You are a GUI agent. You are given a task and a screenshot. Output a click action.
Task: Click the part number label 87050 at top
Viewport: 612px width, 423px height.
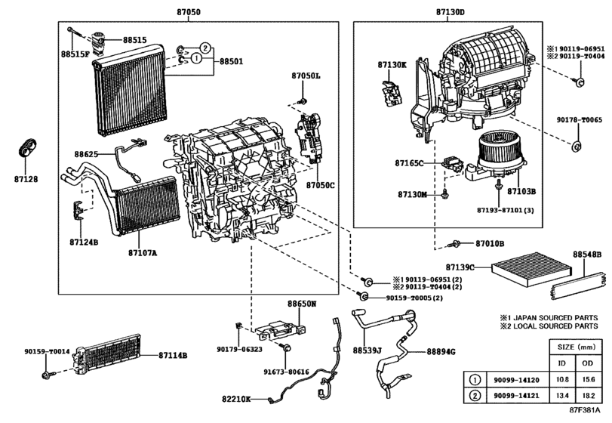[x=188, y=12]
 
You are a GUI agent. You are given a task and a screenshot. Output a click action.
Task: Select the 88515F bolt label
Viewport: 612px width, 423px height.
[x=75, y=54]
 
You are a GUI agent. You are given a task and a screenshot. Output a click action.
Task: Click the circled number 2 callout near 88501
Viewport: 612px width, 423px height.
[x=205, y=48]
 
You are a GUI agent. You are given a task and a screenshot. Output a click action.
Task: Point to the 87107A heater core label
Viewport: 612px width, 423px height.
[x=143, y=253]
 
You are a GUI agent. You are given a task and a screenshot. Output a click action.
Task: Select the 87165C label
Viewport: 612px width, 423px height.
[x=409, y=163]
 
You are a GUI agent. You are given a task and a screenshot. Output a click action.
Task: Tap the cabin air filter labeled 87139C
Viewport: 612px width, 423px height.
[x=531, y=270]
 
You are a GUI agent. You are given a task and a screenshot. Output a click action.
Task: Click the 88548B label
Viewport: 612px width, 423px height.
[x=587, y=255]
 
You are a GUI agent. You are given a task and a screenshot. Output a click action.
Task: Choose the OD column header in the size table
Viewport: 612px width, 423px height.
[x=587, y=363]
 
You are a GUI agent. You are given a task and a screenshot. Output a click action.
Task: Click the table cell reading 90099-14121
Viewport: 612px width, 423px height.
[x=516, y=395]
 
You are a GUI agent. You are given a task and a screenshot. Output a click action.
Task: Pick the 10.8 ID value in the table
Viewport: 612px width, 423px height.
[x=562, y=379]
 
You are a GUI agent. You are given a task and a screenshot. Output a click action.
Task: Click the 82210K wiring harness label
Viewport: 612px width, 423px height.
[x=236, y=399]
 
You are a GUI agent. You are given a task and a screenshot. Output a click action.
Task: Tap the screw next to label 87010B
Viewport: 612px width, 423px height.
[x=454, y=244]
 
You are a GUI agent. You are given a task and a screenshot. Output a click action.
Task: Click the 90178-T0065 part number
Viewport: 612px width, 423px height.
[x=579, y=120]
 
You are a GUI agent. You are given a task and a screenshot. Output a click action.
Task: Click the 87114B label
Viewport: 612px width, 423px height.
[x=173, y=356]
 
